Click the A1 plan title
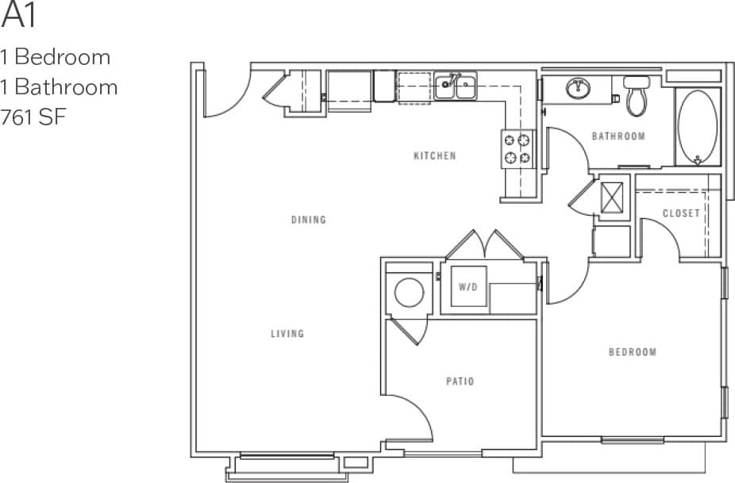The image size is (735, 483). point(19,15)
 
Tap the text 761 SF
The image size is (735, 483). point(34,117)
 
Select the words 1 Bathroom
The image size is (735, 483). point(59,86)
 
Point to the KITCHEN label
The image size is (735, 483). point(435,156)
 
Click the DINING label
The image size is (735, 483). point(308,220)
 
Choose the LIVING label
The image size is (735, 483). point(287,334)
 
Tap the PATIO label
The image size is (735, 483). point(460,381)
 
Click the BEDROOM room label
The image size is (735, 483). point(633,352)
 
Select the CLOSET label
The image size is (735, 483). point(681,213)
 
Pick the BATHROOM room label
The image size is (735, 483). point(618,136)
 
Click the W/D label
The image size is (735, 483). point(468,286)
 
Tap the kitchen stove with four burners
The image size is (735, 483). point(516,149)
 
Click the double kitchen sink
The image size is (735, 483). point(456,86)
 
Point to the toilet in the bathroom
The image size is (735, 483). point(637,95)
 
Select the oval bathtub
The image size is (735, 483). point(698,127)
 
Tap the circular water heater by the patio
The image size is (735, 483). point(410,293)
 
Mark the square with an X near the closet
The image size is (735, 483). point(612,197)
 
